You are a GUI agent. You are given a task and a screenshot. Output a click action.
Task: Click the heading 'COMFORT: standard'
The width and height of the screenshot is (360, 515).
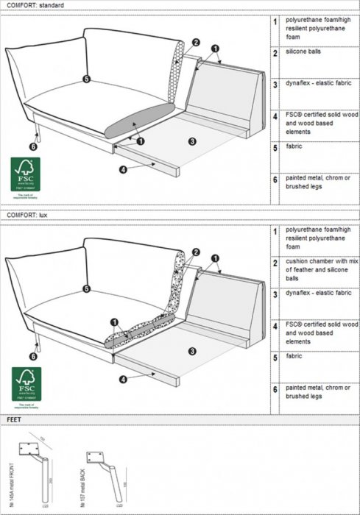tap(34, 5)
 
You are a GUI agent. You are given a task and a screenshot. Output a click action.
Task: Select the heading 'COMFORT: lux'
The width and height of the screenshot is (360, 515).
tap(27, 214)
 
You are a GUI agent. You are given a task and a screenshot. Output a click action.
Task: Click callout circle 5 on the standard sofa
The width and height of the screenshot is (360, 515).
tap(86, 78)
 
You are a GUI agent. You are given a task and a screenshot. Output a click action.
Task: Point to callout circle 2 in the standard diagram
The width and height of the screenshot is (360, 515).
tap(196, 43)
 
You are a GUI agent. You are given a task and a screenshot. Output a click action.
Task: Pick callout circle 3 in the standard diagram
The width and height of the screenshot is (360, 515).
tap(191, 141)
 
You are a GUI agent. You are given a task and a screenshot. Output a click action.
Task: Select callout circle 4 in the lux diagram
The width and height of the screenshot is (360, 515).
tap(123, 379)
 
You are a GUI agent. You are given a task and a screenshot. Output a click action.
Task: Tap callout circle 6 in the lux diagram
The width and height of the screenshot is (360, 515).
tap(32, 356)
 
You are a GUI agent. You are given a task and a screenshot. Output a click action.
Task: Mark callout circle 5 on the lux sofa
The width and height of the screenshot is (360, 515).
tap(87, 289)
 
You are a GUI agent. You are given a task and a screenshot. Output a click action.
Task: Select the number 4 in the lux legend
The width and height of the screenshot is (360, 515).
tap(275, 325)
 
